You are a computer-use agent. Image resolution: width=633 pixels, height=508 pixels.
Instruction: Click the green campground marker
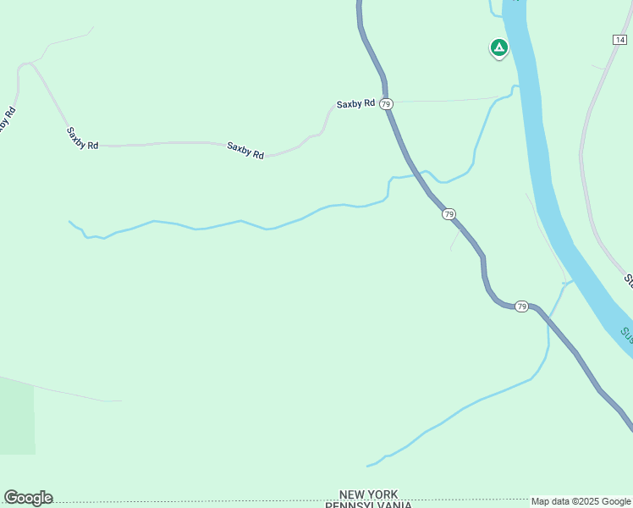(499, 47)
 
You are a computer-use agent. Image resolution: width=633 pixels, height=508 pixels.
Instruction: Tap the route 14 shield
(620, 39)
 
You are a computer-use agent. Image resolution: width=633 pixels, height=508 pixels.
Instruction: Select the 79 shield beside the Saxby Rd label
(386, 103)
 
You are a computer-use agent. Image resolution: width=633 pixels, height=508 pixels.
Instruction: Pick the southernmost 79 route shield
(521, 306)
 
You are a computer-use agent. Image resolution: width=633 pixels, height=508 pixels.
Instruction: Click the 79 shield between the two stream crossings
(449, 214)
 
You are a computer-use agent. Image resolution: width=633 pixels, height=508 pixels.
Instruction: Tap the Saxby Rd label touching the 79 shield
(355, 104)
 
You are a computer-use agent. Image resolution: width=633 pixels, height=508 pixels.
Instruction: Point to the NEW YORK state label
(368, 494)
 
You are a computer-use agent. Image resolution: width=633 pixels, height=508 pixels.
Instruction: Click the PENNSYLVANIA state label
(368, 505)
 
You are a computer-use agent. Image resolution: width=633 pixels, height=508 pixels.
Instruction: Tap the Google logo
(28, 498)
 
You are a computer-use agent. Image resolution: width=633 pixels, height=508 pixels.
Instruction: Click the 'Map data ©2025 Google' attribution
(581, 501)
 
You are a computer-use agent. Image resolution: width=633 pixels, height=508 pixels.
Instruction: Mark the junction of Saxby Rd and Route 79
(388, 102)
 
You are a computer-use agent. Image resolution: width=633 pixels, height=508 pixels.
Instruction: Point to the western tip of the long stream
(69, 222)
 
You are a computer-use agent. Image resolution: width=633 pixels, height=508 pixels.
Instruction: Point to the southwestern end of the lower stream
(367, 466)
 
